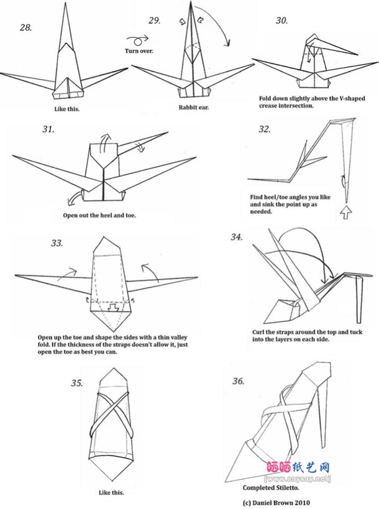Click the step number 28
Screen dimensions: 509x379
point(26,27)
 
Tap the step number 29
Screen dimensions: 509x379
point(154,21)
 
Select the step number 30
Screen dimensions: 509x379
point(281,21)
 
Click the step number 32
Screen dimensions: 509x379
point(264,129)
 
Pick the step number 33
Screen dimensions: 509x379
point(57,242)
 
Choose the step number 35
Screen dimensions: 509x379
point(76,383)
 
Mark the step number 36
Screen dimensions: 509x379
point(238,381)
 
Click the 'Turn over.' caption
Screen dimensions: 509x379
point(139,51)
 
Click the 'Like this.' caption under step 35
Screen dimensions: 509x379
point(111,492)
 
